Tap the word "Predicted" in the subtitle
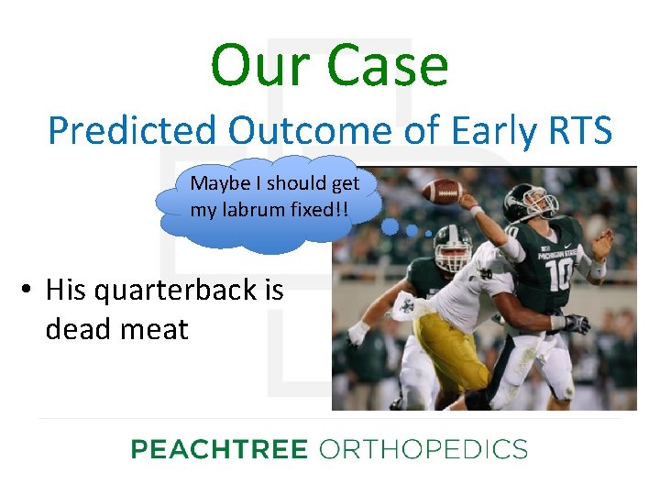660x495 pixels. [x=132, y=131]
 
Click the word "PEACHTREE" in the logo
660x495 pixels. [x=218, y=449]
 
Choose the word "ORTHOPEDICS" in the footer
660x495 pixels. [x=423, y=449]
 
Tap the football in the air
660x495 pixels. [x=443, y=191]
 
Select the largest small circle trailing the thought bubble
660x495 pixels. [x=390, y=225]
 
